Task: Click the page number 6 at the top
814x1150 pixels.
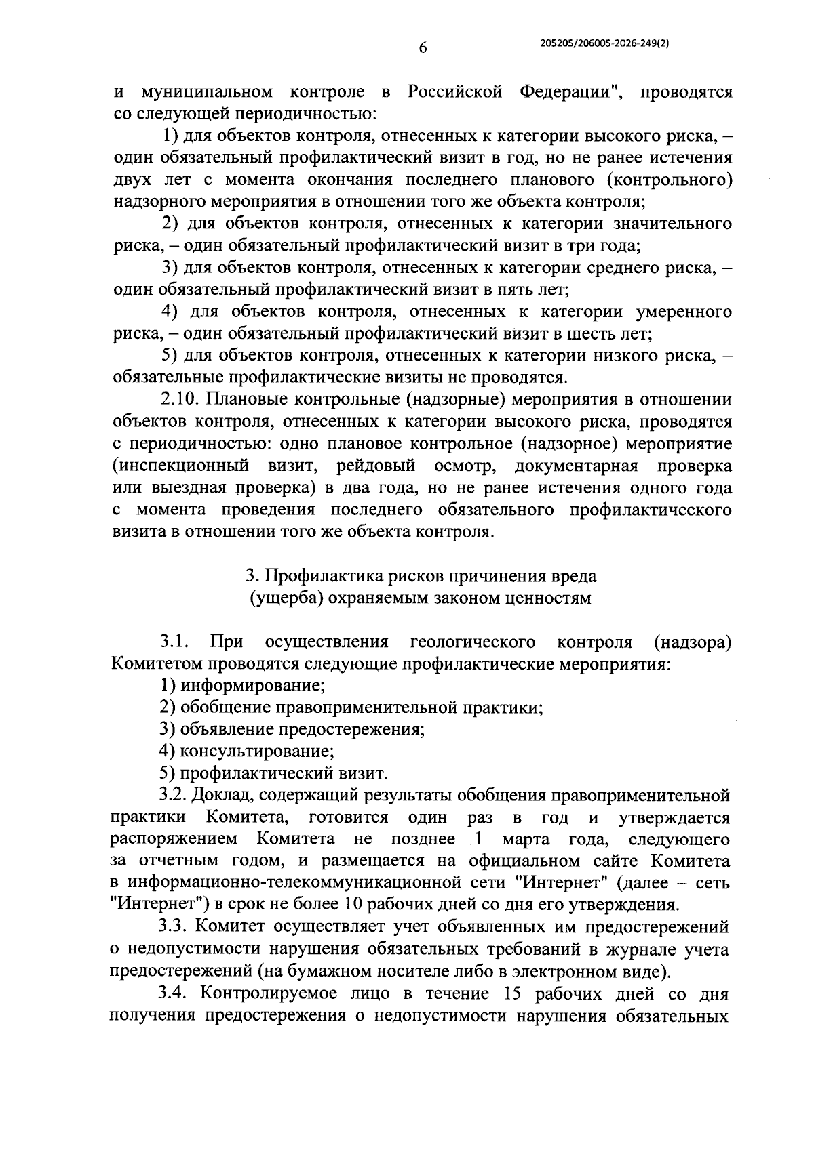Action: pyautogui.click(x=423, y=48)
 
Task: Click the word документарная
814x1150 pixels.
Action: pyautogui.click(x=576, y=466)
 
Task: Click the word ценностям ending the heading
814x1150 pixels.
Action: pyautogui.click(x=548, y=598)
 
